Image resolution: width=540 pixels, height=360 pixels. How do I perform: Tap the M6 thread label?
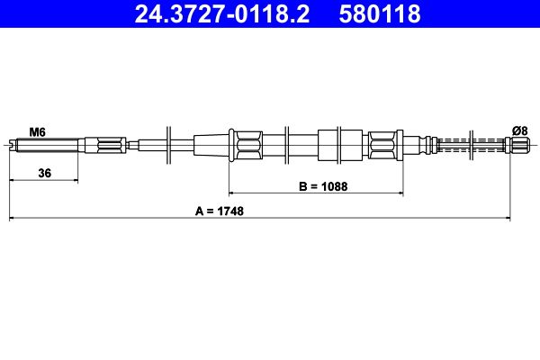tap(37, 131)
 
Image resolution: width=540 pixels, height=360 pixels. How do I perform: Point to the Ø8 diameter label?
tap(519, 131)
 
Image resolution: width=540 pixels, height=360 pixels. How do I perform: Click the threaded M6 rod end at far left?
tap(45, 144)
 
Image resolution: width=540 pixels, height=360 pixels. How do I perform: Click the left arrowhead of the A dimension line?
tap(13, 218)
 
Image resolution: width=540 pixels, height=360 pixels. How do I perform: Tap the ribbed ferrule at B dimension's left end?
tap(246, 144)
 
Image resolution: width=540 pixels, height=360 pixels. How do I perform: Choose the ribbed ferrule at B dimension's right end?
tap(382, 144)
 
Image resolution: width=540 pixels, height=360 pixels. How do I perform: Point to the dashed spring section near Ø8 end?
tap(472, 144)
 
